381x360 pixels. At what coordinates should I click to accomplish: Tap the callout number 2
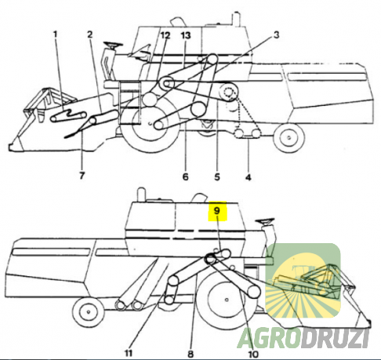click(91, 35)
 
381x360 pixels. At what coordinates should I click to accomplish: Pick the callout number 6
click(186, 178)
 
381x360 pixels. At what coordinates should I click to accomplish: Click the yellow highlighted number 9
click(216, 210)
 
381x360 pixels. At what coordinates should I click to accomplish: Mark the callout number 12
click(165, 36)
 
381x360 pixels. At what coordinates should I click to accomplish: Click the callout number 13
click(185, 36)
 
